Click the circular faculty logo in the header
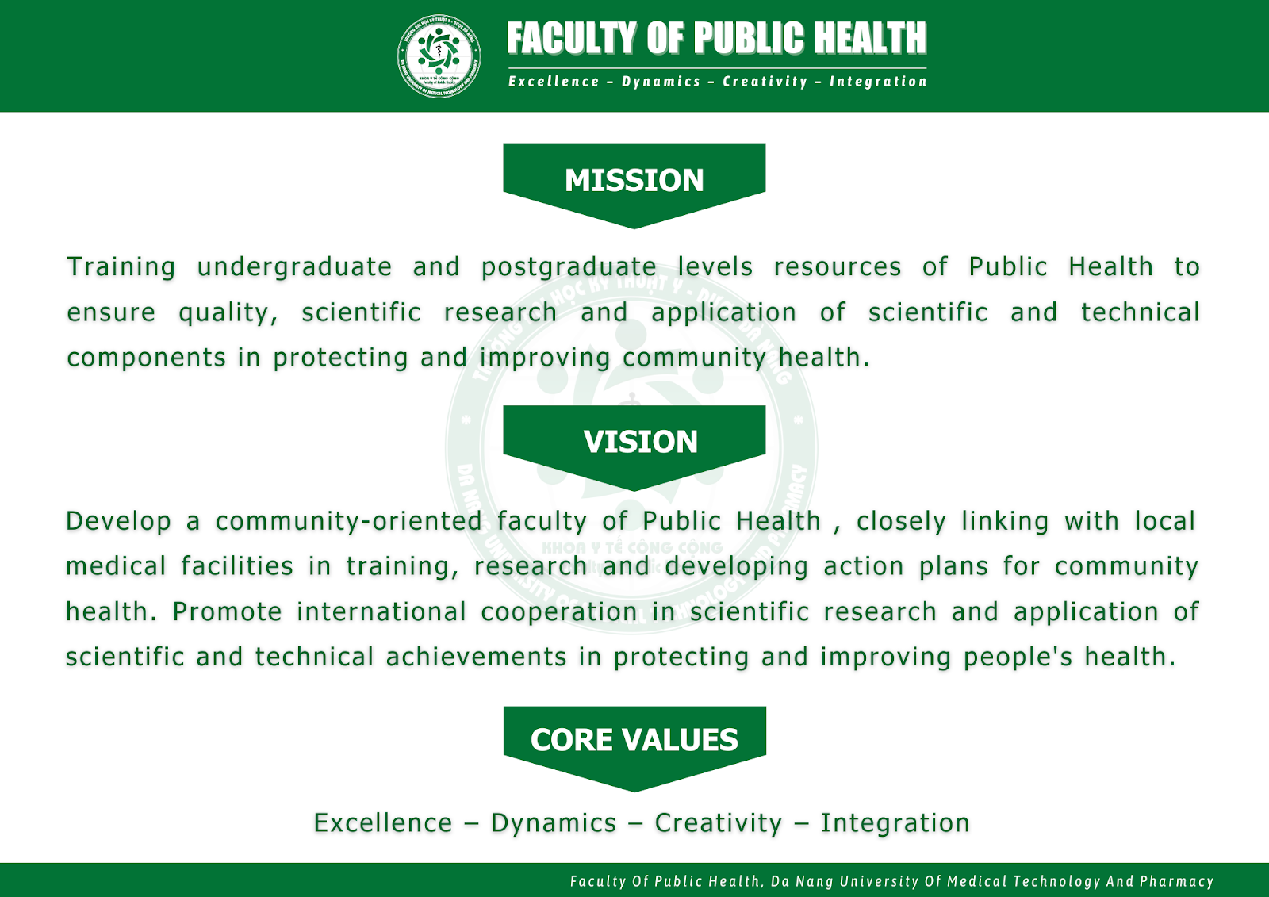click(439, 56)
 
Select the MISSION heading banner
click(634, 186)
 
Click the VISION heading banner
click(634, 447)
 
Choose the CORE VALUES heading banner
click(634, 749)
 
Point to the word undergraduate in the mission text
click(294, 267)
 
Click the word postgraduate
click(569, 267)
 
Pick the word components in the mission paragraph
click(147, 358)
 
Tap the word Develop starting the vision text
click(118, 521)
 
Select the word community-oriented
click(349, 521)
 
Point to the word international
click(381, 612)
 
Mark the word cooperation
click(560, 612)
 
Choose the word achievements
click(477, 657)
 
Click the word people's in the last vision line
click(1018, 657)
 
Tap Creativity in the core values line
click(719, 823)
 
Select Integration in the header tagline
click(878, 82)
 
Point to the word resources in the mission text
click(838, 267)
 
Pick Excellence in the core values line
click(384, 823)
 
